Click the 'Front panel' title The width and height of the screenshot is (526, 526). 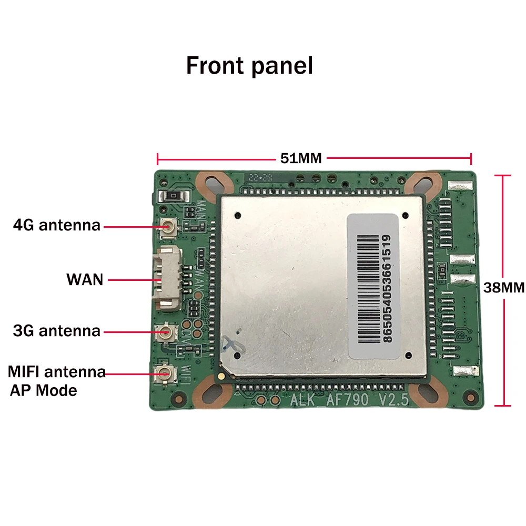(249, 66)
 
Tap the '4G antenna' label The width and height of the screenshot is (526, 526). (56, 226)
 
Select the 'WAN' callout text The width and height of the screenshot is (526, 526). (85, 279)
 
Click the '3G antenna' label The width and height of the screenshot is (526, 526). (56, 331)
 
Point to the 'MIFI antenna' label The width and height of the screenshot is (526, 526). (56, 372)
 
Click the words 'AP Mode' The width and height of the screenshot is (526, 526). (43, 391)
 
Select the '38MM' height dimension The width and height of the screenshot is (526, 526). (504, 288)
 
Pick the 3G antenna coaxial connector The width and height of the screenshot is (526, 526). (168, 332)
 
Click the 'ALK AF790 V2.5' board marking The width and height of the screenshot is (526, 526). (349, 400)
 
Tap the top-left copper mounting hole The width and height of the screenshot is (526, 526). (214, 185)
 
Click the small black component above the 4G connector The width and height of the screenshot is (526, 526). (173, 197)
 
